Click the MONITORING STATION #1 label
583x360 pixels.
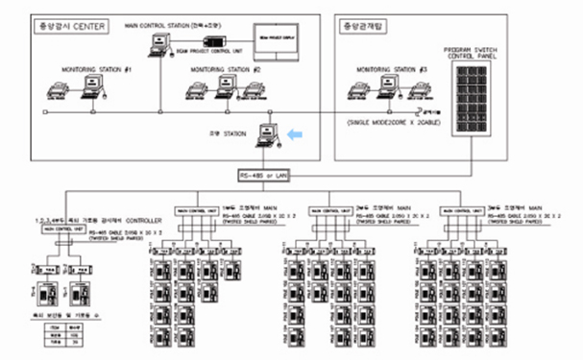(x=96, y=70)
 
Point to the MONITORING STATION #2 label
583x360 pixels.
(x=226, y=70)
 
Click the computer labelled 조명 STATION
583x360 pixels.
(x=267, y=136)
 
